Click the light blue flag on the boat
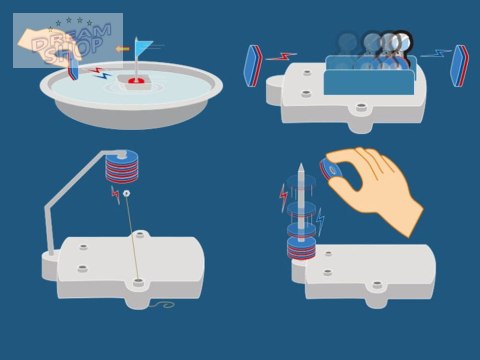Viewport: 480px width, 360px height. [142, 46]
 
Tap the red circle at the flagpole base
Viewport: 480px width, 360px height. [136, 80]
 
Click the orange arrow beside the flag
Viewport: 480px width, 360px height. [123, 49]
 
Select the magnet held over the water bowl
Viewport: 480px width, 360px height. [73, 69]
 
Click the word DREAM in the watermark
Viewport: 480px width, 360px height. [72, 39]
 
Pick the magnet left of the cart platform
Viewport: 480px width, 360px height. [253, 66]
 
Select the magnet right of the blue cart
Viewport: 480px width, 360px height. [459, 66]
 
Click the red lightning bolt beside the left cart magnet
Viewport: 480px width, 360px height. [282, 57]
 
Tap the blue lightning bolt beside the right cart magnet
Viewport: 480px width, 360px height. [436, 53]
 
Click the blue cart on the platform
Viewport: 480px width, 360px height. [370, 75]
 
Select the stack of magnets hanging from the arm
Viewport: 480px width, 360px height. [121, 167]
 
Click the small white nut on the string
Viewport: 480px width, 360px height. [126, 193]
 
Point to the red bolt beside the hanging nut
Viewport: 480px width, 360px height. [116, 195]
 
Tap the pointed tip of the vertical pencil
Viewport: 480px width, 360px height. [301, 164]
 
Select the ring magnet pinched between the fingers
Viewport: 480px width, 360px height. [330, 170]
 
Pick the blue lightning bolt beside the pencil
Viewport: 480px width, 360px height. [320, 221]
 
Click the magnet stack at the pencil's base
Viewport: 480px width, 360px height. [301, 249]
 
